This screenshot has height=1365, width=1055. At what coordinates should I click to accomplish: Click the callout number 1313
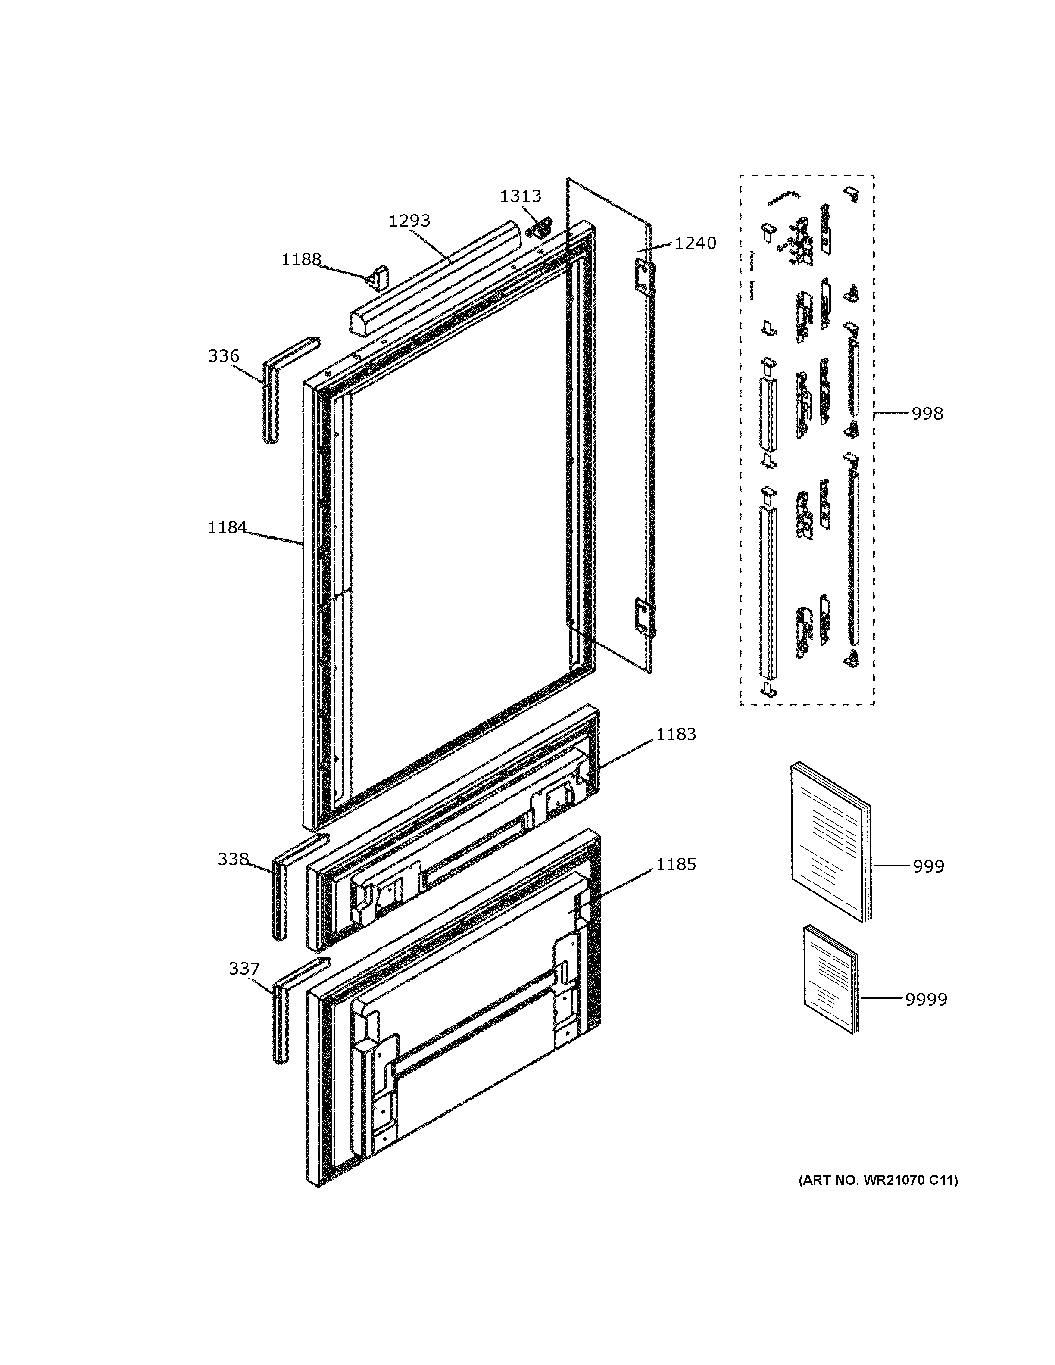(520, 196)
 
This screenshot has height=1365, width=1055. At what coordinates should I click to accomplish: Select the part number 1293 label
(409, 221)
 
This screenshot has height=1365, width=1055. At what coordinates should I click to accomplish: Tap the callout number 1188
(301, 259)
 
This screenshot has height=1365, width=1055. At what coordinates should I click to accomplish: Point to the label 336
(224, 356)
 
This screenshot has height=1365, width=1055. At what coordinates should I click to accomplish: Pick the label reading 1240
(695, 243)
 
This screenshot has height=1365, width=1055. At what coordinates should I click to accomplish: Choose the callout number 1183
(676, 734)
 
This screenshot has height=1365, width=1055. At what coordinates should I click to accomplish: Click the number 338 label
(233, 860)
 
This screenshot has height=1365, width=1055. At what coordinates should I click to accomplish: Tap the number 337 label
(244, 969)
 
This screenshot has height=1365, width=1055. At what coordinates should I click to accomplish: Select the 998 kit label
(927, 414)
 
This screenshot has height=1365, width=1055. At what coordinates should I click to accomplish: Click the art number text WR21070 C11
(877, 1180)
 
